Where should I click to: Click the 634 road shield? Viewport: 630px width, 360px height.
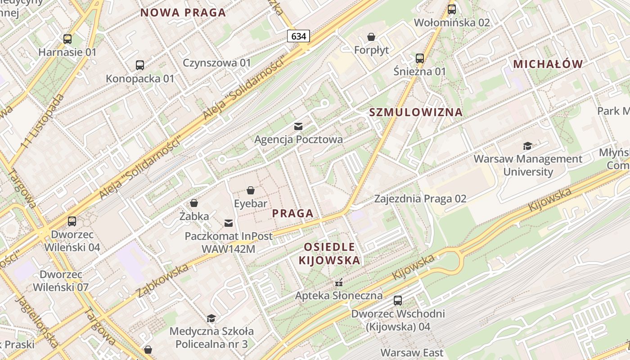[x=298, y=36]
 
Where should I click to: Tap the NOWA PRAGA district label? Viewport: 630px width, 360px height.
[x=183, y=13]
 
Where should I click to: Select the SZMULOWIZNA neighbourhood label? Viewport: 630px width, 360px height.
[x=416, y=112]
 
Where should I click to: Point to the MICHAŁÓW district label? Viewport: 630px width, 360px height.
[x=548, y=64]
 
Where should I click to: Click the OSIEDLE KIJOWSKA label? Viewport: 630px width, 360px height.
[x=329, y=253]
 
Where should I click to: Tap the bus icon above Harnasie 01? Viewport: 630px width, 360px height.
[x=67, y=39]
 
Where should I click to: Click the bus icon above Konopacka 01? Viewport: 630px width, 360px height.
[x=140, y=65]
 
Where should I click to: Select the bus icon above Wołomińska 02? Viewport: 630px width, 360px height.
[x=451, y=9]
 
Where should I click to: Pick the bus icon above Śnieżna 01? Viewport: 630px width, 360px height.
[x=419, y=58]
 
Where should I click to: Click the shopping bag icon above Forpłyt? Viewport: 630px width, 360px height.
[x=371, y=37]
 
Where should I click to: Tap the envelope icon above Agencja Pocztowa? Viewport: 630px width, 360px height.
[x=298, y=126]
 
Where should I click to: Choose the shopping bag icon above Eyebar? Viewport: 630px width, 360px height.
[x=251, y=191]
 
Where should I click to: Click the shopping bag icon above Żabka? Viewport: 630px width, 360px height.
[x=194, y=203]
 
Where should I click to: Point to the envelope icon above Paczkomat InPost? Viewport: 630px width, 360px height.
[x=229, y=223]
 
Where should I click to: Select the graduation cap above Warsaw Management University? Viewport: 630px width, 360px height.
[x=527, y=146]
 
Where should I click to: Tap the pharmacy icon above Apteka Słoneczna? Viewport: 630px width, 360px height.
[x=339, y=283]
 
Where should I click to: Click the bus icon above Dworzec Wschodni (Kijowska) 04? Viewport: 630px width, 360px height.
[x=398, y=301]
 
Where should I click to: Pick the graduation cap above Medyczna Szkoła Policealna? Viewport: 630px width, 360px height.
[x=211, y=319]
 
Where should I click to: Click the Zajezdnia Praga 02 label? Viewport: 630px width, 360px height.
[x=420, y=198]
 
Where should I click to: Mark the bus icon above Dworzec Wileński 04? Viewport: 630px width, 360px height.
[x=72, y=221]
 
